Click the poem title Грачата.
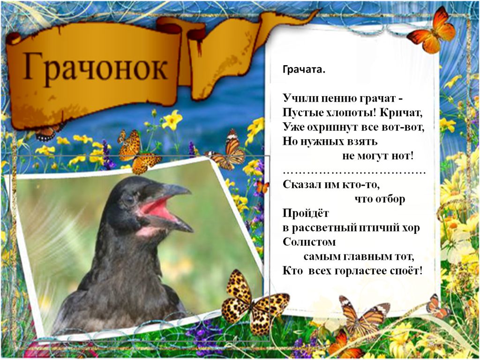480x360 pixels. pyautogui.click(x=304, y=69)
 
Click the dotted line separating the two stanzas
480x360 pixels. pyautogui.click(x=354, y=173)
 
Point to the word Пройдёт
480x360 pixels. pyautogui.click(x=306, y=213)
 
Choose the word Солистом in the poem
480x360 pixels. pyautogui.click(x=309, y=242)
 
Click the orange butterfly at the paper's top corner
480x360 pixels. pyautogui.click(x=432, y=30)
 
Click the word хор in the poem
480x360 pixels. pyautogui.click(x=411, y=228)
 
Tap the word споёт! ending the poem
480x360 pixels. pyautogui.click(x=406, y=271)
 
